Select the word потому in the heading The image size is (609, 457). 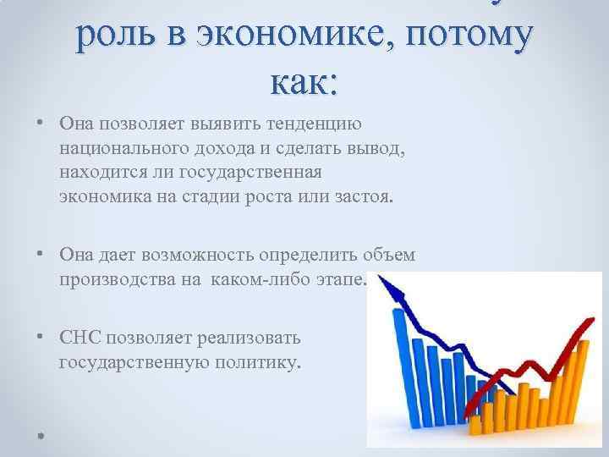point(475,39)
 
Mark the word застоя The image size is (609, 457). point(361,198)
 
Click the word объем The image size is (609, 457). point(390,255)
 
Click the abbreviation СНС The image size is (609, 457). point(79,339)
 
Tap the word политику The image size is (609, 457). point(252,363)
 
